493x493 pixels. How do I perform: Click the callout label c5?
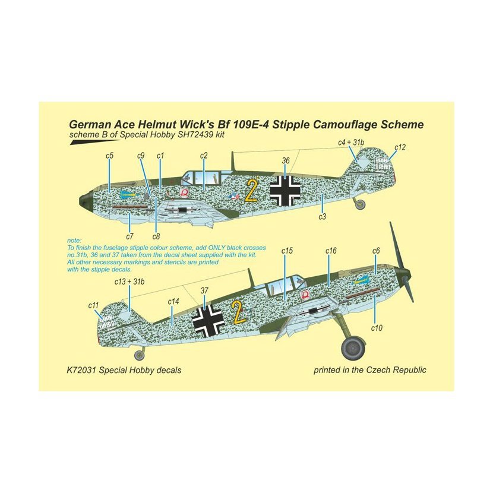point(109,156)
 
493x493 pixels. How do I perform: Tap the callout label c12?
point(400,147)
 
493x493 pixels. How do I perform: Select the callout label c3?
point(323,217)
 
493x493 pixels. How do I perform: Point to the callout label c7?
point(129,236)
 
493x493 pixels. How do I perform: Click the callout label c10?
point(377,328)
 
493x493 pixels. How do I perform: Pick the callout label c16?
point(331,251)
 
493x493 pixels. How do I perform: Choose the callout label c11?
point(93,305)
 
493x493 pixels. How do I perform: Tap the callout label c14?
point(173,302)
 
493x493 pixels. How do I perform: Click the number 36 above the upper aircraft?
point(286,160)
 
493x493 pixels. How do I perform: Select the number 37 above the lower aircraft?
point(204,290)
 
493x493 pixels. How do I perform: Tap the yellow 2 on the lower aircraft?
point(239,312)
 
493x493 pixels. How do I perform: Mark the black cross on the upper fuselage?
point(286,191)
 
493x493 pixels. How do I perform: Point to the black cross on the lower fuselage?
point(208,320)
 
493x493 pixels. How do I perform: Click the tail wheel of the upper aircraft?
point(361,204)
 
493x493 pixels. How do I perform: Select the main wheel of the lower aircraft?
point(353,348)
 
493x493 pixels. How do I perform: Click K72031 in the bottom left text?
point(81,370)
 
